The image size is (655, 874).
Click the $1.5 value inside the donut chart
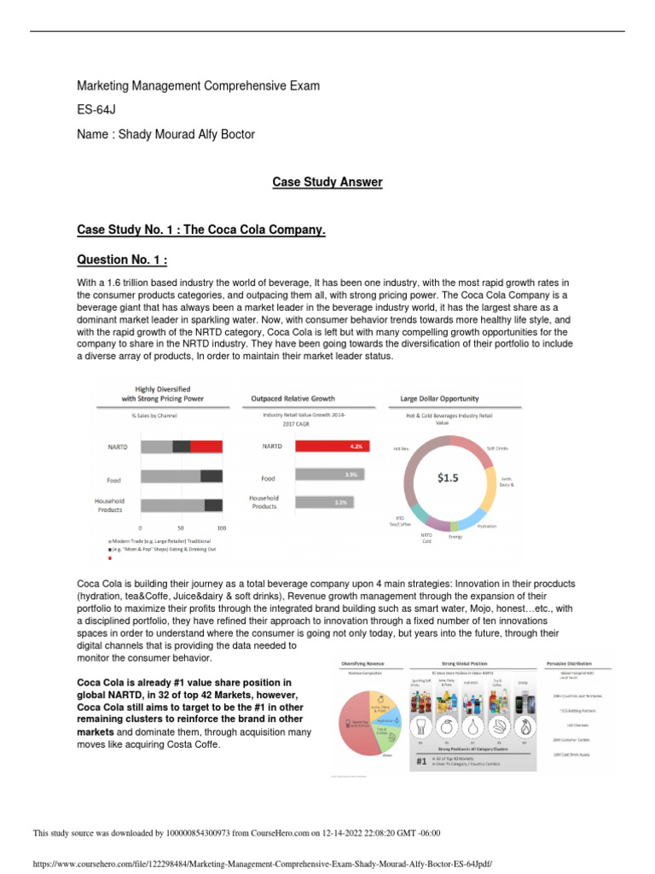448,478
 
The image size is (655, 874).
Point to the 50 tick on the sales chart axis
181,528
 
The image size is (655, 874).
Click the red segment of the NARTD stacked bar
206,446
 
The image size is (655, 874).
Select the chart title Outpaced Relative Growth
293,398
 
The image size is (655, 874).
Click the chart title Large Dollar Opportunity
439,398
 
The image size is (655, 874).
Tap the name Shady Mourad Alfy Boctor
165,135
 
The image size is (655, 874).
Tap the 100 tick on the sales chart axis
222,528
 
